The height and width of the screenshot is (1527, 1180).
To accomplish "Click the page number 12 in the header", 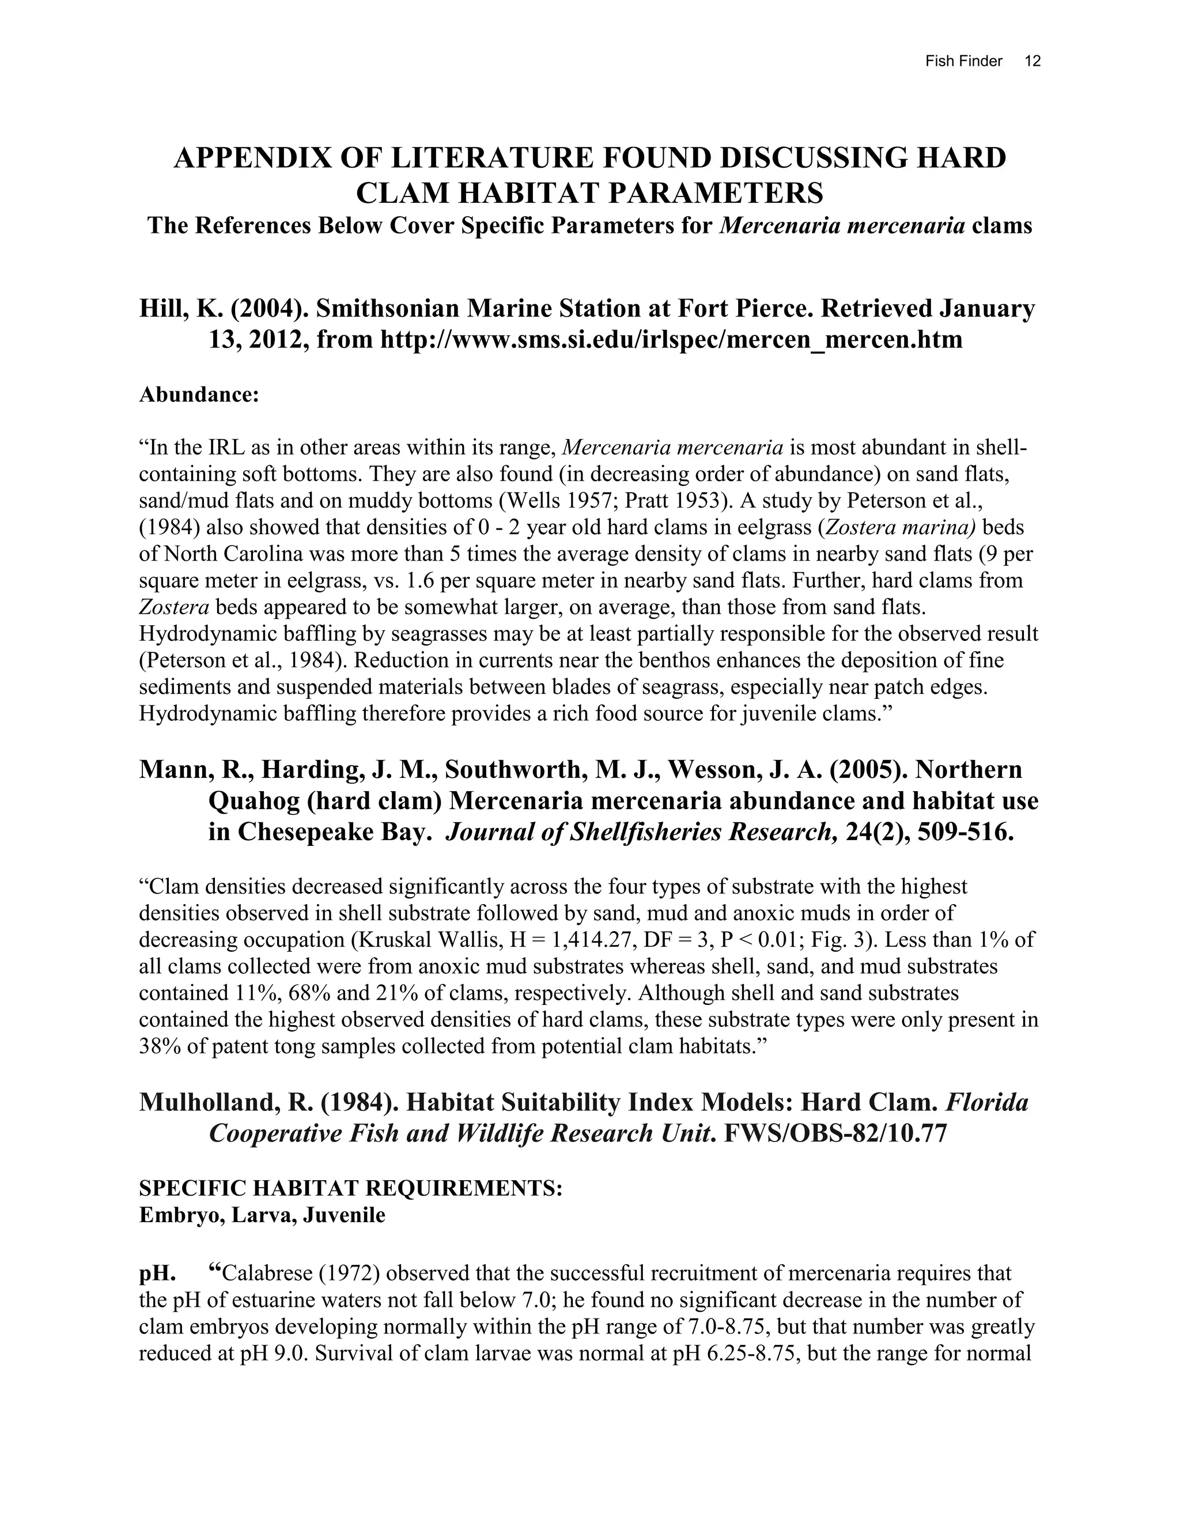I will tap(1032, 61).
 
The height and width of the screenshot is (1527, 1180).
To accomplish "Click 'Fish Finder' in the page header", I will tap(963, 61).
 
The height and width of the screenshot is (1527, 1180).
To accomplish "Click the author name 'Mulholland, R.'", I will tap(225, 1102).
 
